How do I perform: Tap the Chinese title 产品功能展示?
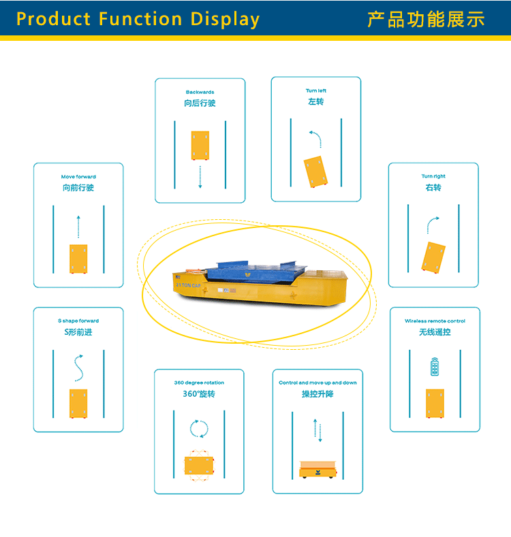(x=426, y=19)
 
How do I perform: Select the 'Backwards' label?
(x=200, y=92)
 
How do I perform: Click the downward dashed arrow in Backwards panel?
(x=200, y=176)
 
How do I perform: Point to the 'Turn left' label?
(x=316, y=91)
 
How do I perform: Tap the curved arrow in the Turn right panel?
(x=433, y=225)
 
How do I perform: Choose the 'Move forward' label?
(x=78, y=177)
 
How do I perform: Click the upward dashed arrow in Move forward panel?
(x=78, y=227)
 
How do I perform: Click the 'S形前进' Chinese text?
(x=78, y=332)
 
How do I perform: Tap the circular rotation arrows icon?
(x=199, y=429)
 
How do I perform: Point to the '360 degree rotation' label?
(x=199, y=383)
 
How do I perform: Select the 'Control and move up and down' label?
(x=318, y=383)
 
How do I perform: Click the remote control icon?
(x=435, y=367)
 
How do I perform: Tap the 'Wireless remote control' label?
(x=435, y=321)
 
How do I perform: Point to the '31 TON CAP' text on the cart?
(x=187, y=287)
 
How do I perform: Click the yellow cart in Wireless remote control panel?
(x=435, y=404)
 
